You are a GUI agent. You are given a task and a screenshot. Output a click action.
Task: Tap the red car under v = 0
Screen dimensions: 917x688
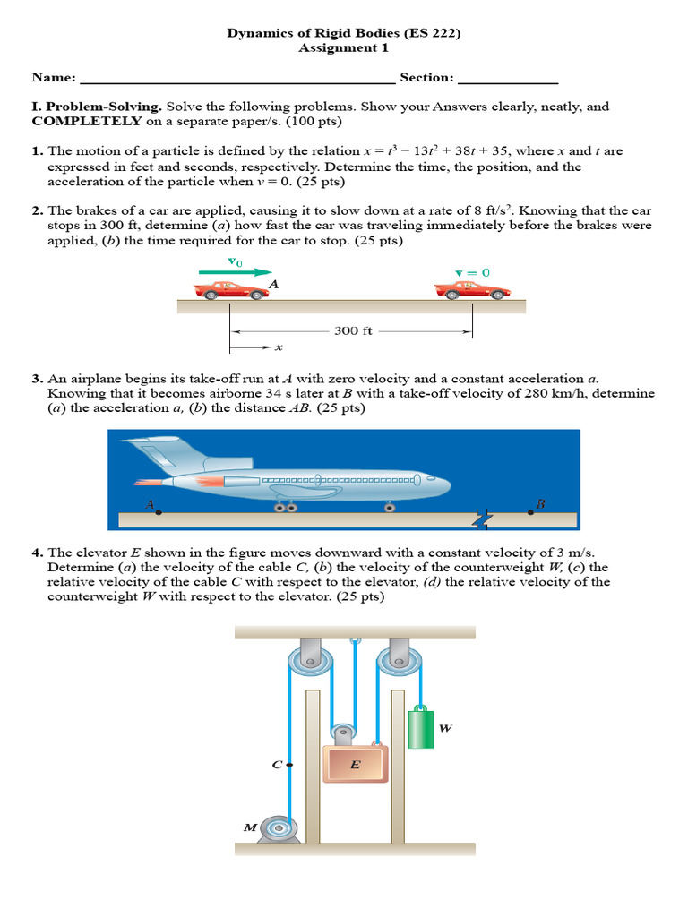(x=472, y=289)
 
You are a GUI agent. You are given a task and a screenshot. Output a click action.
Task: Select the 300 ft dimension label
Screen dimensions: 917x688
(x=353, y=330)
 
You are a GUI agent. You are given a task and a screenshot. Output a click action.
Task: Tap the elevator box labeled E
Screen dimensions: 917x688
(x=356, y=764)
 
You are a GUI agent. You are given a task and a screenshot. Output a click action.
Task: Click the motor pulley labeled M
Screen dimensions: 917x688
(x=277, y=828)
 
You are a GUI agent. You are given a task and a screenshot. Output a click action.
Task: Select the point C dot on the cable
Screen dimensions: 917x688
(x=288, y=765)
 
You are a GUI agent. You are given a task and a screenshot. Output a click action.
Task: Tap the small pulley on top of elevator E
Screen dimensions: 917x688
(x=340, y=733)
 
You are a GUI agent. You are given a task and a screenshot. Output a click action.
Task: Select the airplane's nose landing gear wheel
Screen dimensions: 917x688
(x=389, y=507)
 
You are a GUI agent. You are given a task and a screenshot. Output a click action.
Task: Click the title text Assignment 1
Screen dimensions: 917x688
(x=343, y=48)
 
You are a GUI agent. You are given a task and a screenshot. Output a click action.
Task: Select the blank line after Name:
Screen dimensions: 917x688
(x=236, y=79)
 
